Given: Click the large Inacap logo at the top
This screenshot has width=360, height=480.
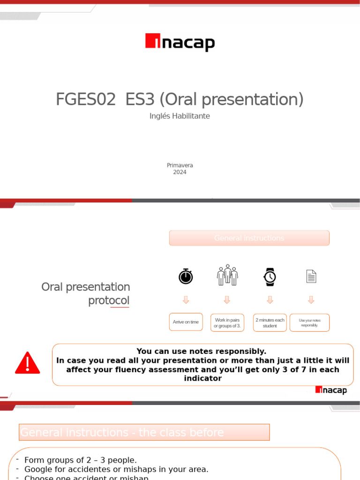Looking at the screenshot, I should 180,42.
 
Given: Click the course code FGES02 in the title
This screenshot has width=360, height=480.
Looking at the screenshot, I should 85,99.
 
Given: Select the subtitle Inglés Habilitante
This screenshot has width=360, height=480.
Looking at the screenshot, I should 180,116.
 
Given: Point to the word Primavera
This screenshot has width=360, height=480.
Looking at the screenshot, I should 180,165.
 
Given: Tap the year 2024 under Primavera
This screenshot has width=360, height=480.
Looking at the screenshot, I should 180,172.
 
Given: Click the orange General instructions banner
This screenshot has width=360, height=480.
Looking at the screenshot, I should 249,238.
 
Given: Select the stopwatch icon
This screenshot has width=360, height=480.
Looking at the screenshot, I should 186,276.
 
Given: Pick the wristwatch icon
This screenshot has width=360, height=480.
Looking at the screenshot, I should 270,277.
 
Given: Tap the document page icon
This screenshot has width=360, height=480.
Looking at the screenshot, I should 311,277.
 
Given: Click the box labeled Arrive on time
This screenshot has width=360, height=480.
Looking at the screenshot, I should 186,322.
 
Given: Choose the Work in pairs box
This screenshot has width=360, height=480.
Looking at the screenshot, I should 227,322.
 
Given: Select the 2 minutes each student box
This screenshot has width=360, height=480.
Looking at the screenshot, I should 270,322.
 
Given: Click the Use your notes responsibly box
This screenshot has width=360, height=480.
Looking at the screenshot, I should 309,322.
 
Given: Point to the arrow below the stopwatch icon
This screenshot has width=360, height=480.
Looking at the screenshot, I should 186,300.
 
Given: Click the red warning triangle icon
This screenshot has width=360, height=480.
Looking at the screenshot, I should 28,363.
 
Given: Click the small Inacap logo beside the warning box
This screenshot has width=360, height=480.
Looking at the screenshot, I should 331,390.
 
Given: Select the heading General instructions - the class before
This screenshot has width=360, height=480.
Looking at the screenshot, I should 144,432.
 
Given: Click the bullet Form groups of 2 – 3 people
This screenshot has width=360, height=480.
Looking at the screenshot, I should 80,460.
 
